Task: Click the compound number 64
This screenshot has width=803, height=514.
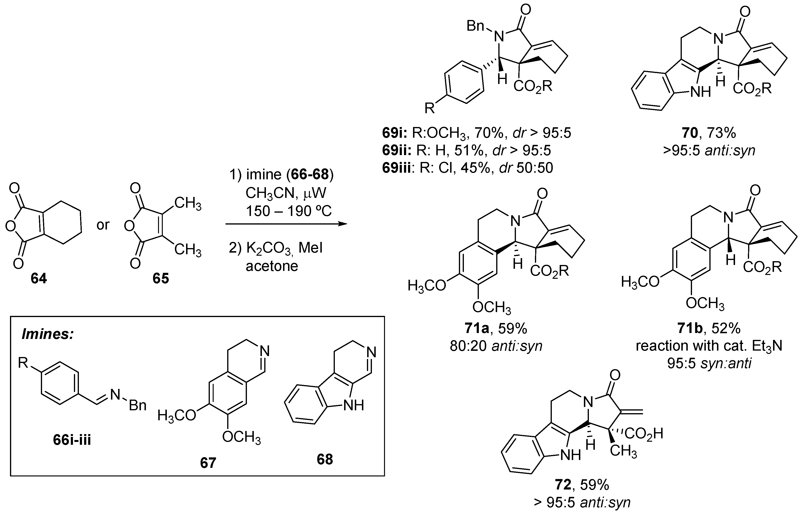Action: coord(39,278)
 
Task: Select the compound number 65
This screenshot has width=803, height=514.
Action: coord(161,278)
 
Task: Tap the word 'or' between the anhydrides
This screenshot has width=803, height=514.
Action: coord(103,225)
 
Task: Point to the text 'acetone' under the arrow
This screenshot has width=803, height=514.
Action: coord(272,266)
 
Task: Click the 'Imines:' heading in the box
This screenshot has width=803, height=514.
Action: coord(48,334)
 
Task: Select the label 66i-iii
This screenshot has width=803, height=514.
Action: coord(72,440)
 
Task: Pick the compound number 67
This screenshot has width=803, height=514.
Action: coord(208,463)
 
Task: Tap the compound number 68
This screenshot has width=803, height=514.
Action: coord(325,459)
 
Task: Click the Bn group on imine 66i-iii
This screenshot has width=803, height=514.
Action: coord(138,405)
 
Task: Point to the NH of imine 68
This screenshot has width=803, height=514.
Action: coord(353,405)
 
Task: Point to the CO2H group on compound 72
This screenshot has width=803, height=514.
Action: coord(644,434)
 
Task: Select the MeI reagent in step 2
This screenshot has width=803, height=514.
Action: coord(310,248)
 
